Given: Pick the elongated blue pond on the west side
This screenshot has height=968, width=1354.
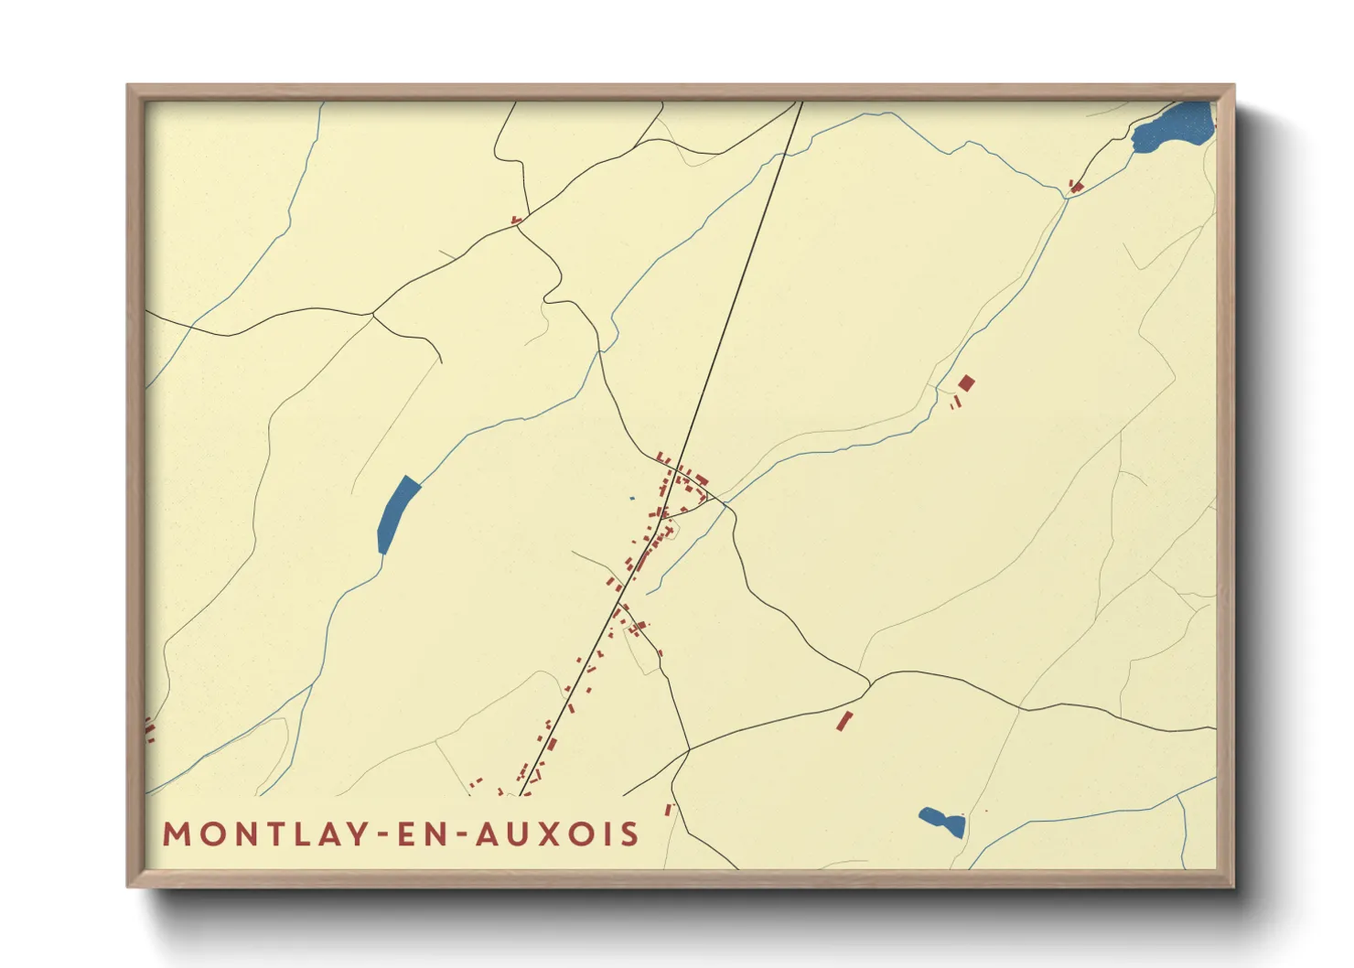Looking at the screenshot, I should click(397, 514).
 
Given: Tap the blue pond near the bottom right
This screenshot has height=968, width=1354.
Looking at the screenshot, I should click(943, 821).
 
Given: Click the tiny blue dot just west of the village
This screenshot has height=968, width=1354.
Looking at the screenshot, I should click(631, 499).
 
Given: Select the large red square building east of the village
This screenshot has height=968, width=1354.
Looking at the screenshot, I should click(966, 383).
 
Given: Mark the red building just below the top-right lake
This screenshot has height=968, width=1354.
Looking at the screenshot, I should click(1076, 188).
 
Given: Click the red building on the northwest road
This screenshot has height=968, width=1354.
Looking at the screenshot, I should click(516, 220).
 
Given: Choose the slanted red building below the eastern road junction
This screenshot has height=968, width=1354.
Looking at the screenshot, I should click(844, 721).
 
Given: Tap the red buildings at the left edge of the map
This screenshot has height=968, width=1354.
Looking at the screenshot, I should click(149, 729).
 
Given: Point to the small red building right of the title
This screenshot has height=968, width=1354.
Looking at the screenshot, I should click(668, 810).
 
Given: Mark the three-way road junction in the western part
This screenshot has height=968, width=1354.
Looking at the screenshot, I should click(372, 315).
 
